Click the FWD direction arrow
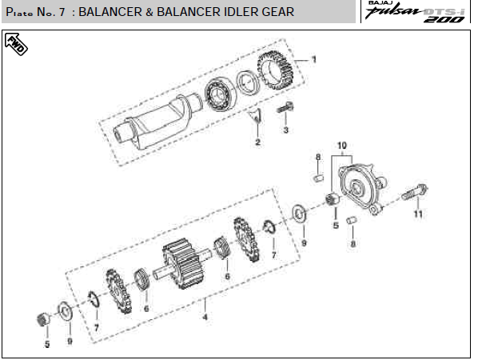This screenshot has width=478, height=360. tap(16, 44)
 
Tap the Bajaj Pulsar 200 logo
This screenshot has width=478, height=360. tap(415, 11)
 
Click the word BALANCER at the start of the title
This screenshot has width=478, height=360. tap(110, 12)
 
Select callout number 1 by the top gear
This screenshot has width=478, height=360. tap(313, 59)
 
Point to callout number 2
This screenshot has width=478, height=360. tap(258, 142)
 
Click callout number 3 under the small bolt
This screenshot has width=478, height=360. tap(285, 130)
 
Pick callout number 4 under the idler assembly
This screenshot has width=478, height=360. tap(205, 317)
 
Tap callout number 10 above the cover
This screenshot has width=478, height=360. tap(342, 146)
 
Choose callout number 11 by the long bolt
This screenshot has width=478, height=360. tap(418, 214)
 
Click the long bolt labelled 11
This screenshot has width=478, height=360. tap(415, 191)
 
